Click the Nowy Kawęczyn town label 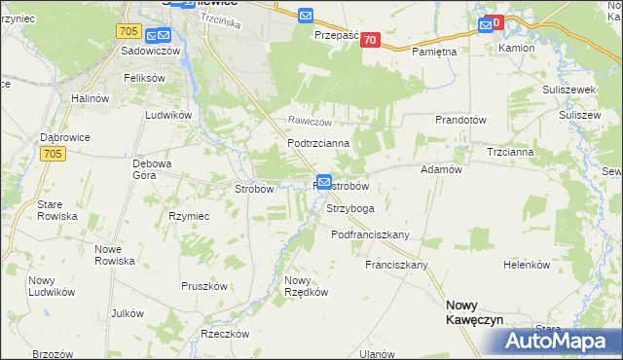[x=474, y=311]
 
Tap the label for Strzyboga [x=350, y=208]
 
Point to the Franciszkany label [x=397, y=265]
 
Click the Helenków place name [x=527, y=265]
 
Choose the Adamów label [x=439, y=169]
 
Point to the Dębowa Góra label [x=152, y=169]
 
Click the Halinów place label [x=95, y=98]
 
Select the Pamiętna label [x=434, y=51]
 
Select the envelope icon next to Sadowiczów [x=154, y=32]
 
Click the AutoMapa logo [x=555, y=342]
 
